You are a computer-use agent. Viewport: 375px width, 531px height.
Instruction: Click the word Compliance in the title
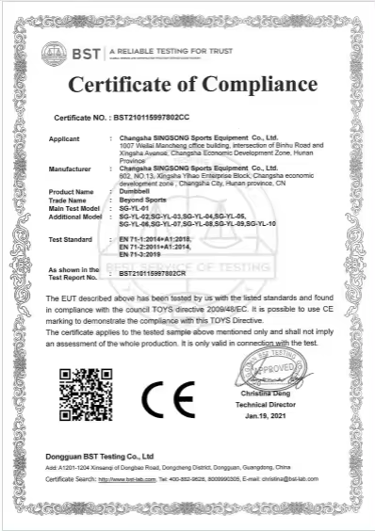point(255,84)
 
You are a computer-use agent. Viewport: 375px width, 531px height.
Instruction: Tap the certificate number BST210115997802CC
point(151,119)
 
